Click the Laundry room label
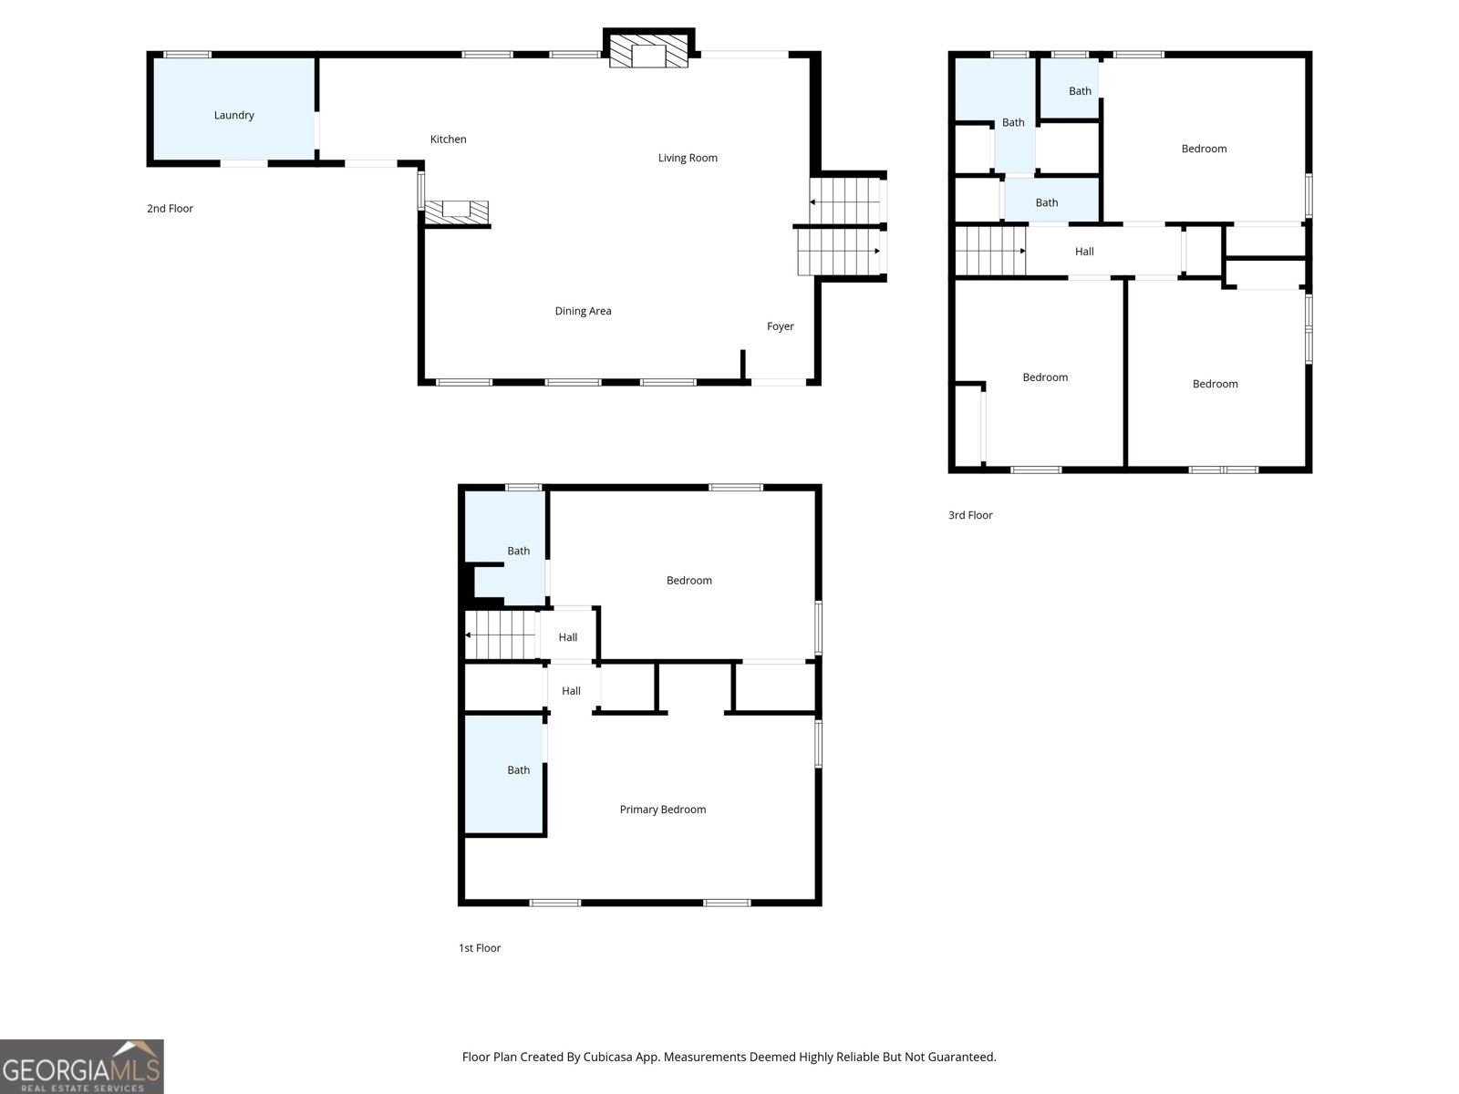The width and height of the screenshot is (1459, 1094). coord(233,115)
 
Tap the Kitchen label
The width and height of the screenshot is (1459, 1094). coord(448,139)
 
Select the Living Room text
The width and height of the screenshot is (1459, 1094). coord(688,158)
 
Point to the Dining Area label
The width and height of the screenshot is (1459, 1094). coord(583,311)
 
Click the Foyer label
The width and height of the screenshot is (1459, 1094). coord(780,326)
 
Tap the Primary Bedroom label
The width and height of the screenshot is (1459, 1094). coord(662,810)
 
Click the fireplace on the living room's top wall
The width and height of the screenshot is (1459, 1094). coord(648,53)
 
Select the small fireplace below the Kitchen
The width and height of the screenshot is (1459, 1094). coord(456,211)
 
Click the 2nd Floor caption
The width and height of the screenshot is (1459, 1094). coord(170,209)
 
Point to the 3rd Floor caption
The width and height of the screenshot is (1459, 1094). coord(970,515)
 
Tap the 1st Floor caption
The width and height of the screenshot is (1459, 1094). coord(480,948)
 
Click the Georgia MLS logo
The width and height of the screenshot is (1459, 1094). coord(81,1067)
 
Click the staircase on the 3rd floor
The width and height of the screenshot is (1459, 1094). coord(989,251)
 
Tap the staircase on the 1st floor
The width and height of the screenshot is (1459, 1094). coord(501,635)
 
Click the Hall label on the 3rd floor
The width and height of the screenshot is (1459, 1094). coord(1084,252)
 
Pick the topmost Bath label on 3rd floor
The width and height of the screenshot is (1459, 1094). coord(1080,91)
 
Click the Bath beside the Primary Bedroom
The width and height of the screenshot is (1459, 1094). coord(518,770)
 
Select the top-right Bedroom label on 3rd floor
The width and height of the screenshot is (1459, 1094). coord(1204,149)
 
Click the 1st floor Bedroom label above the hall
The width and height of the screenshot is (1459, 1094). coord(688,581)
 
